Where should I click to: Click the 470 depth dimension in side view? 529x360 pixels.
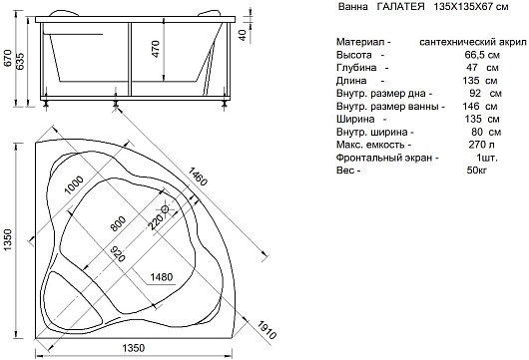tap(156, 49)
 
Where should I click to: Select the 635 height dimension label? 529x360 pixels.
tap(20, 61)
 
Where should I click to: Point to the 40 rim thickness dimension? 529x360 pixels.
tap(243, 35)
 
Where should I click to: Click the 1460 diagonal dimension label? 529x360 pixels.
tap(197, 176)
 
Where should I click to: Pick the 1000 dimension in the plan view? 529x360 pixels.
tap(74, 184)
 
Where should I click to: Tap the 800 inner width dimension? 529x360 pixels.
tap(118, 223)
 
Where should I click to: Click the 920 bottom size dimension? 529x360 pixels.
tap(119, 253)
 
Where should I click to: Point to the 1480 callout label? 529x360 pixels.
tap(162, 277)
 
